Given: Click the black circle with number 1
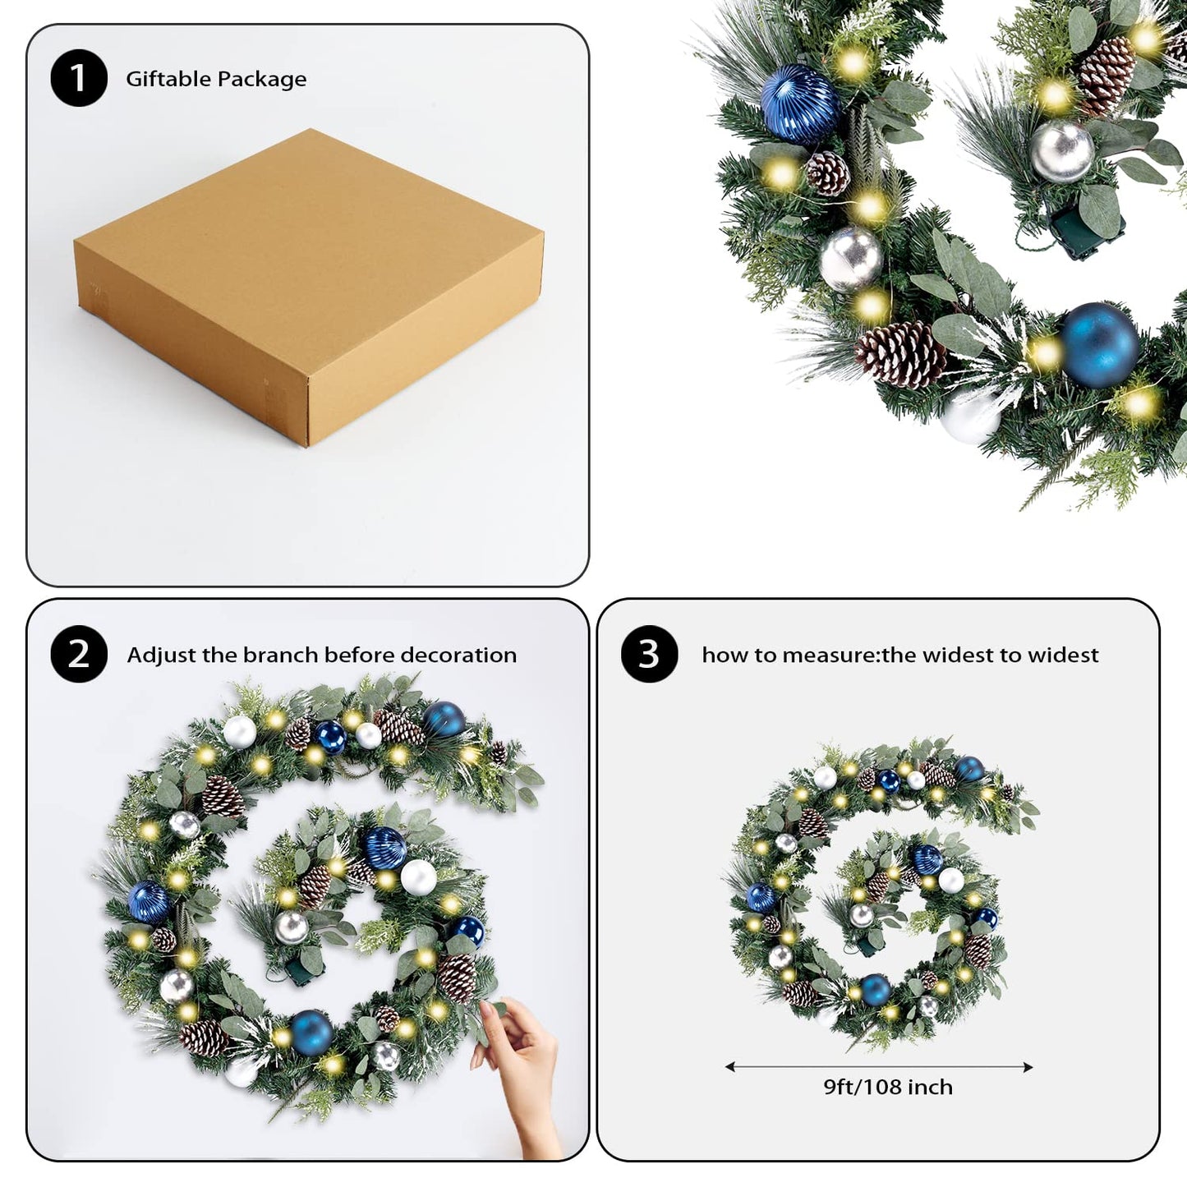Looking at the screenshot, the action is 79,78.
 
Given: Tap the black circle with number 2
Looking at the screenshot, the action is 79,654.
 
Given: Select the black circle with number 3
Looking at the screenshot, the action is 649,654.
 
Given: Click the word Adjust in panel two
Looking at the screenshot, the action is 161,655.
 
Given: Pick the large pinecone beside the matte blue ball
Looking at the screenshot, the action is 900,354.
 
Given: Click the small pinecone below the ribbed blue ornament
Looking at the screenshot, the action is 828,173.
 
